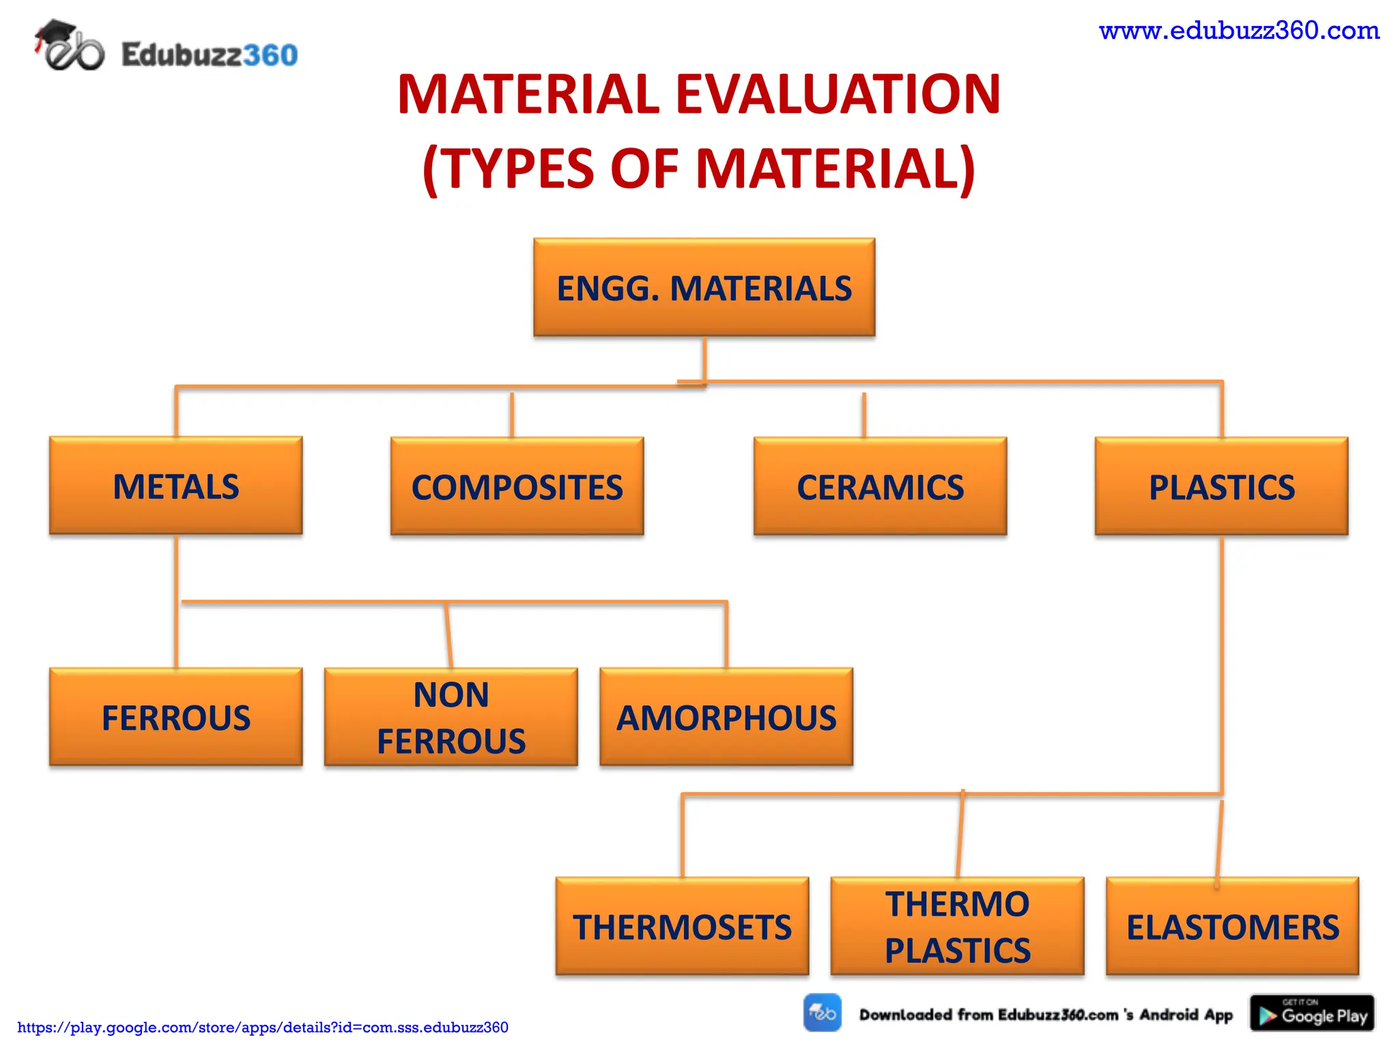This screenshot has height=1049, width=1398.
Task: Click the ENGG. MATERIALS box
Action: coord(704,288)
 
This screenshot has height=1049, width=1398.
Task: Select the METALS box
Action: coord(175,486)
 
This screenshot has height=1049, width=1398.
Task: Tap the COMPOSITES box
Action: coord(517,487)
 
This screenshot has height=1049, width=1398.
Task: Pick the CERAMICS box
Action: coord(880,487)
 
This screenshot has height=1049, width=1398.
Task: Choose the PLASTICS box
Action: coord(1221,487)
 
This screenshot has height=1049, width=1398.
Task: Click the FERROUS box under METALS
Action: coord(175,717)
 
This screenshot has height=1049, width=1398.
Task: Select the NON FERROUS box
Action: coord(451,717)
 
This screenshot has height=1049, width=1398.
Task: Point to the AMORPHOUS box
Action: coord(726,717)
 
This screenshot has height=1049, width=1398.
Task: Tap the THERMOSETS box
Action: coord(682,927)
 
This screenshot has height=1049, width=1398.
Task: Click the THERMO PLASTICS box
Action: coord(957,927)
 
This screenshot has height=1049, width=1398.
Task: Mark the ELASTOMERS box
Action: coord(1232,927)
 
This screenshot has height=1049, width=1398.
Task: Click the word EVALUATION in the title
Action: coord(838,94)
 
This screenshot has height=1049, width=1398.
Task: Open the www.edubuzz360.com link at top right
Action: coord(1239,31)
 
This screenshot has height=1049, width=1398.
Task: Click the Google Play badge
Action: coord(1312,1013)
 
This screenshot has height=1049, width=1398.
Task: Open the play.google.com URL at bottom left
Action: coord(263,1027)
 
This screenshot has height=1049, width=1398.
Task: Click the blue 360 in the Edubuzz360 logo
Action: coord(270,55)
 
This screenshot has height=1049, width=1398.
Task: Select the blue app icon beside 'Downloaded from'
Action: coord(823,1013)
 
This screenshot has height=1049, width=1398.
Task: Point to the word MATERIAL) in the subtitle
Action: coord(836,169)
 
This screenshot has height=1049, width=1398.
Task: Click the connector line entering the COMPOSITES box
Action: coord(511,415)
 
